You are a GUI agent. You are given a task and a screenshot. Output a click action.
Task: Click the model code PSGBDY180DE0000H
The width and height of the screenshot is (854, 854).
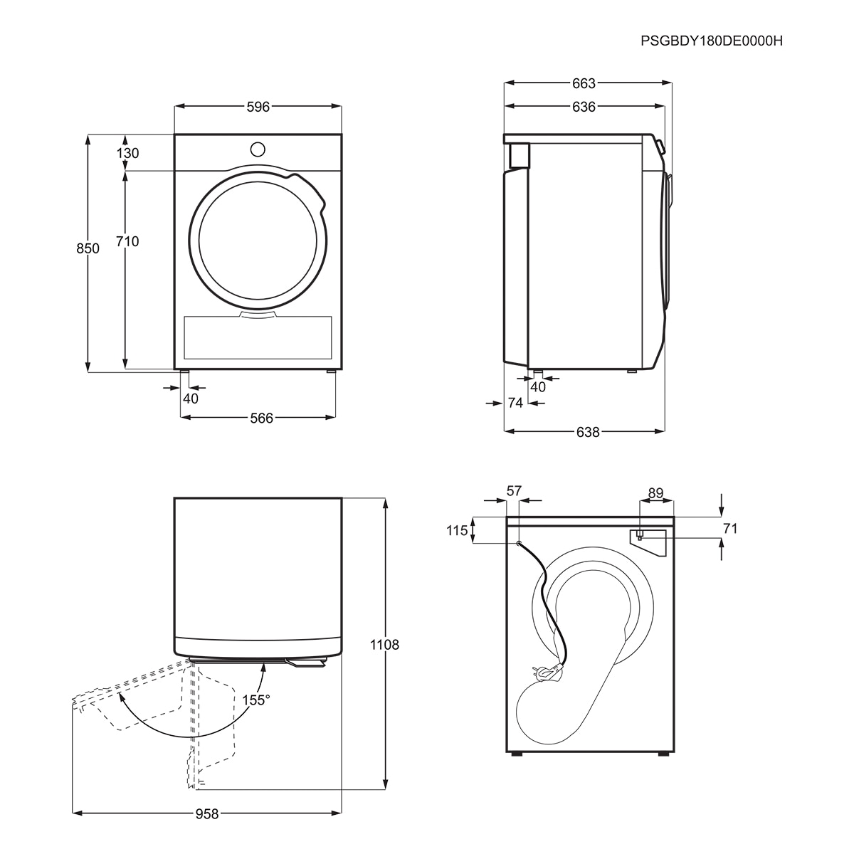tap(711, 41)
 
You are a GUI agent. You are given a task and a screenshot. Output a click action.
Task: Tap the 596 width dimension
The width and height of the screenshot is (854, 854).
tap(258, 107)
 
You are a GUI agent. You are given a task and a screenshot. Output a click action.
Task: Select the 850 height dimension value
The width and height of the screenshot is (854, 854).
tap(88, 248)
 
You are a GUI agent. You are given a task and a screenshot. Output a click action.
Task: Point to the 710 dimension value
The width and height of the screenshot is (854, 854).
tap(127, 241)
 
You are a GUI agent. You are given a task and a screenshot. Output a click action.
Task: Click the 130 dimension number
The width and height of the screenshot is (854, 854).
tap(127, 153)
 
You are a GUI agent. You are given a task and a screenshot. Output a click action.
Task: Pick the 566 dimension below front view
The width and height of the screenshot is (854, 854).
tap(261, 418)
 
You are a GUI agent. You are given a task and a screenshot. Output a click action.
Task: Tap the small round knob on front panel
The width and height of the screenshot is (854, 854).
tap(258, 149)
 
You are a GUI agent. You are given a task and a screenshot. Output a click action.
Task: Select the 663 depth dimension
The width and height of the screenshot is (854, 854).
tap(584, 83)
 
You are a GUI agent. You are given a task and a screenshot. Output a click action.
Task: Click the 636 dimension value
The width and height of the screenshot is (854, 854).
tap(584, 107)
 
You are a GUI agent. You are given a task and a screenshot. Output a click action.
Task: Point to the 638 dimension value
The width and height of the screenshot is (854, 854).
tap(588, 432)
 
